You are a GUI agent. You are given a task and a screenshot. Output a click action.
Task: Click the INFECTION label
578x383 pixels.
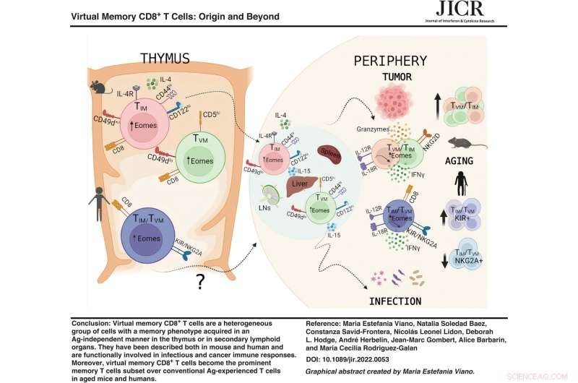click(x=387, y=300)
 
